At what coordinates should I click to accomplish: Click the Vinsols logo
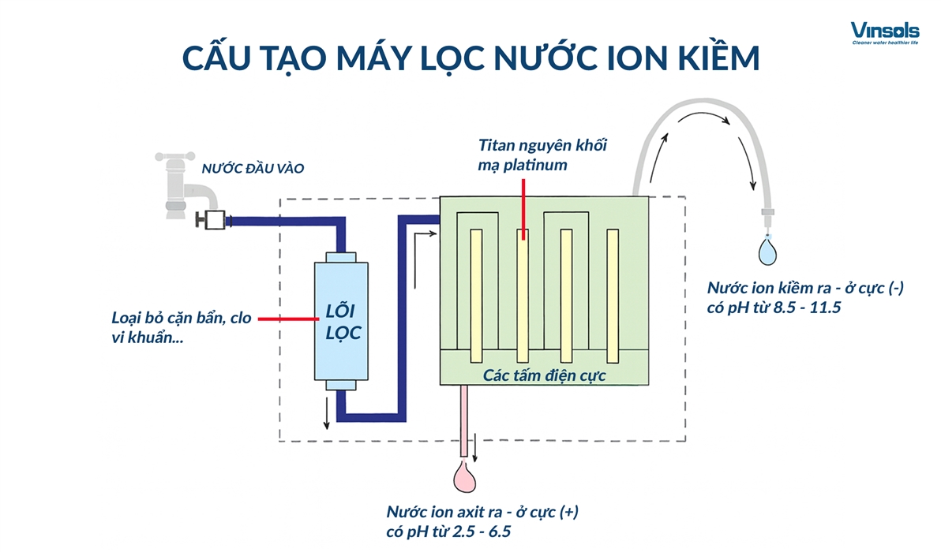coord(884,32)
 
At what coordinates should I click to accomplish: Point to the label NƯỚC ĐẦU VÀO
coord(253,168)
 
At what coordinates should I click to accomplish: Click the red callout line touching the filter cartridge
coord(286,319)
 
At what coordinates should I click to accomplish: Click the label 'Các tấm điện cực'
coord(544,375)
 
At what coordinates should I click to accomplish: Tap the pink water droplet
coord(465,477)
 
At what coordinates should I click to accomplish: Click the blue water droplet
coord(767,252)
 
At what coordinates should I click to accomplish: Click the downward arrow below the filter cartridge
coord(326,413)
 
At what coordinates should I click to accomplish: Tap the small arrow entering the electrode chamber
coord(426,233)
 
